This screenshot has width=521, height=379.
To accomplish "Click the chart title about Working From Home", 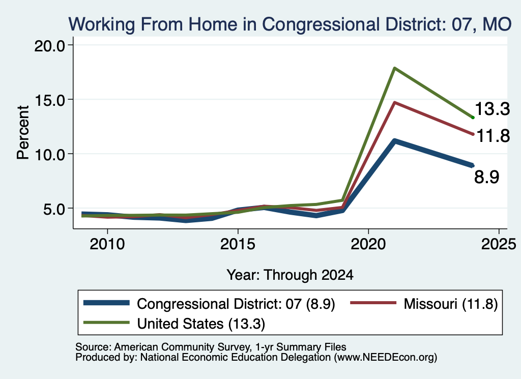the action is (290, 24).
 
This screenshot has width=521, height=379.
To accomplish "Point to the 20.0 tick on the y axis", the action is (49, 45).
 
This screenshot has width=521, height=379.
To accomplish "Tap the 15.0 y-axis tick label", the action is (49, 100).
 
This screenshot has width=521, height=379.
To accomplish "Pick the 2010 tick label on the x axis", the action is (107, 245).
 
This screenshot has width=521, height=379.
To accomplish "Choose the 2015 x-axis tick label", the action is (238, 245).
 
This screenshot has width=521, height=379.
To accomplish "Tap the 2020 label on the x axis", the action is (368, 245).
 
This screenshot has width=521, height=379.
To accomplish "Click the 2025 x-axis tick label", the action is (499, 245).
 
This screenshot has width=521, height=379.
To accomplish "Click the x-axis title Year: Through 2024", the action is (290, 275).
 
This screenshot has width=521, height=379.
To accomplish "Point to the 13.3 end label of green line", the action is (492, 109).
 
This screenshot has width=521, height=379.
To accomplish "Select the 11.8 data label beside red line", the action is (493, 136).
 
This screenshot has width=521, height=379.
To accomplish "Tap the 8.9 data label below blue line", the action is (486, 177).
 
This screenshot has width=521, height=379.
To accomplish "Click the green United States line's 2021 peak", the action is (394, 68).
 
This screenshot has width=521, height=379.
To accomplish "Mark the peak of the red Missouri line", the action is (394, 103).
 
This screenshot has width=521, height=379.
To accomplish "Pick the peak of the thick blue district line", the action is (394, 141).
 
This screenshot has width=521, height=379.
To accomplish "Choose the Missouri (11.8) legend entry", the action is (424, 304).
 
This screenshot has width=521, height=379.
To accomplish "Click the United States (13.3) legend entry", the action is (175, 324).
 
